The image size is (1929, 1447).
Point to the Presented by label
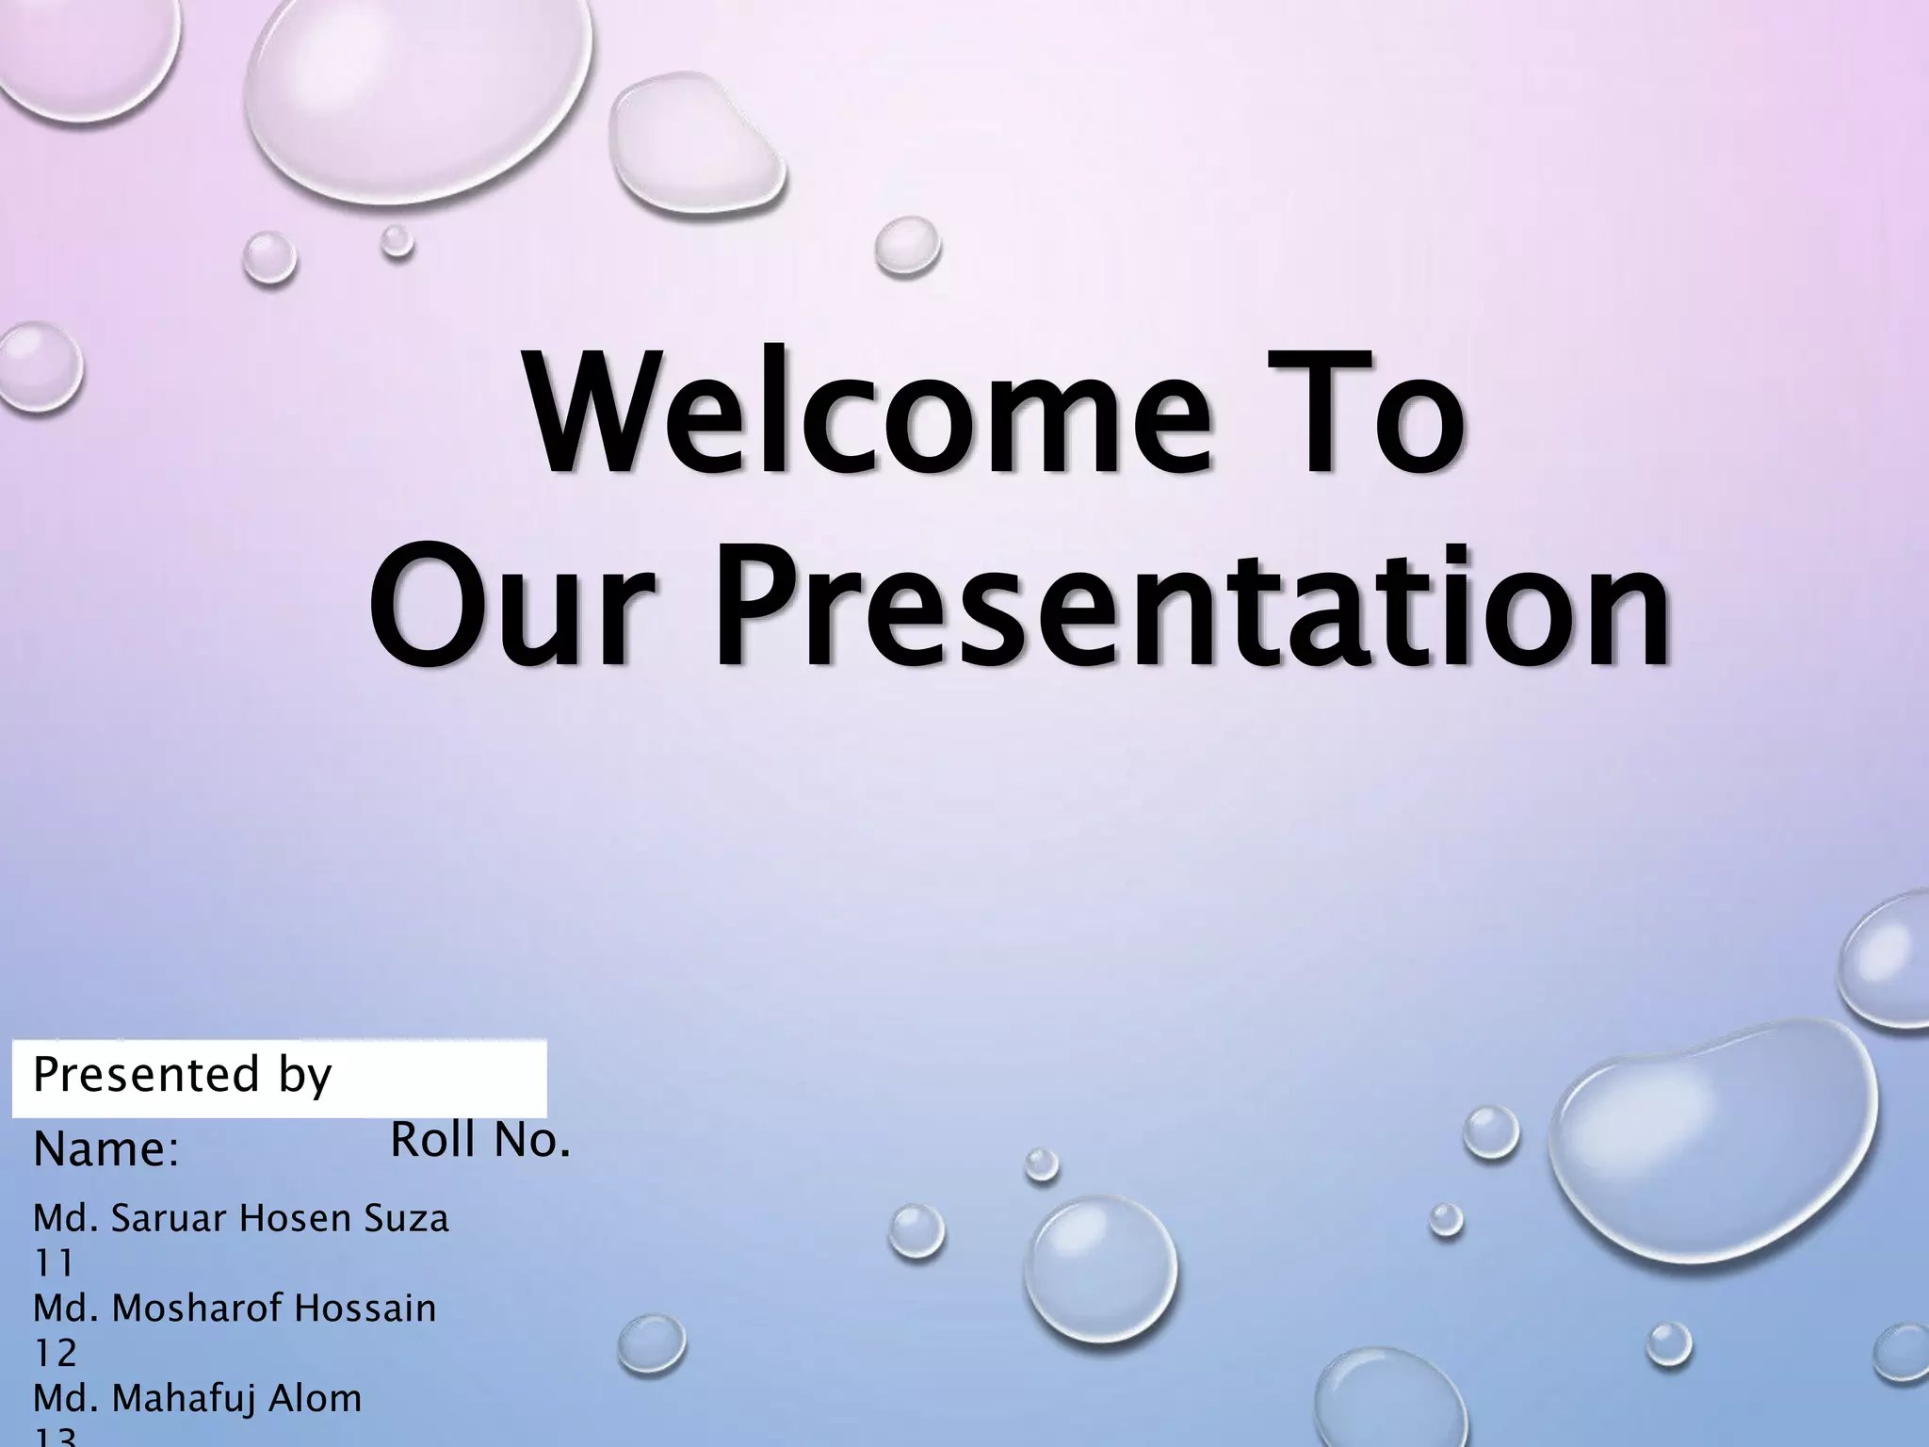coord(183,1075)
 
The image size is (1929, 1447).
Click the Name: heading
coord(105,1150)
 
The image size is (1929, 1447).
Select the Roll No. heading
coord(480,1141)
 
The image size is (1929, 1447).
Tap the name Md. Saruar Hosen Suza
coord(241,1219)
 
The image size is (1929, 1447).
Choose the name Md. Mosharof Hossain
coord(235,1309)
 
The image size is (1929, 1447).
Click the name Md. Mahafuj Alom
coord(198,1399)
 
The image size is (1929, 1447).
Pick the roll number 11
coord(54,1263)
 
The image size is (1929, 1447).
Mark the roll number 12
coord(55,1354)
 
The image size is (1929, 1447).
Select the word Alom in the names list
coord(316,1399)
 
